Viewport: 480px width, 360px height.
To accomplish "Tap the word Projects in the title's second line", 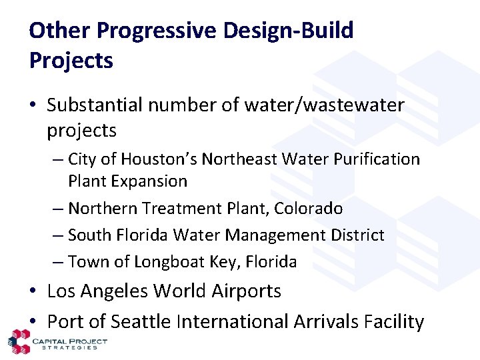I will pyautogui.click(x=71, y=61).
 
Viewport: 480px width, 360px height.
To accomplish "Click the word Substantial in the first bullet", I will pyautogui.click(x=95, y=105).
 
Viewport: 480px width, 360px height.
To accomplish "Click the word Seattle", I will pyautogui.click(x=141, y=322).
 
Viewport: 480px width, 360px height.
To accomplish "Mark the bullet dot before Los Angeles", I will pyautogui.click(x=34, y=292).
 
